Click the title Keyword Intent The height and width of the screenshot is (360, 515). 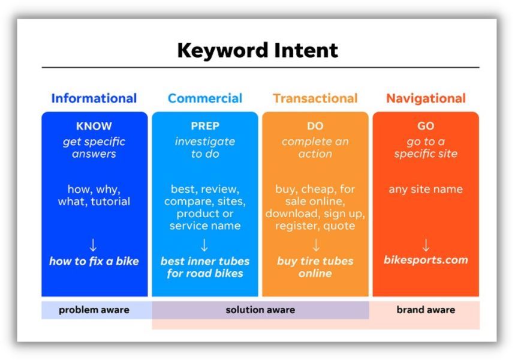257,50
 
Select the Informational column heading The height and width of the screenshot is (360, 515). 94,98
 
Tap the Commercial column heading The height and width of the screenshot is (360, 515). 205,98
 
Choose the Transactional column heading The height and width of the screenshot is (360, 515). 315,98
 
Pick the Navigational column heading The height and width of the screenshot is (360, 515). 426,98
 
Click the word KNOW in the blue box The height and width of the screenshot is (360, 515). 94,127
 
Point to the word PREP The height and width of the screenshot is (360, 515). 205,127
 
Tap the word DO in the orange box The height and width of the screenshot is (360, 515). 315,127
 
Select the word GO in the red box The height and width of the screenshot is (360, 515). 426,127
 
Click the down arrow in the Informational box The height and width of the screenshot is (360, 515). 94,245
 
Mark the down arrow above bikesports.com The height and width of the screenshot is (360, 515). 426,245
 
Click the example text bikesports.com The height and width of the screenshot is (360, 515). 426,260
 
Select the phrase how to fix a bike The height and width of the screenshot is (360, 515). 94,261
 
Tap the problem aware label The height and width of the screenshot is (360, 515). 94,310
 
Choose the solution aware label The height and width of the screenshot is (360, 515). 260,310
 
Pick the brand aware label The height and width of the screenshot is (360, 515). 426,310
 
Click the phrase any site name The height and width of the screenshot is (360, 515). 426,190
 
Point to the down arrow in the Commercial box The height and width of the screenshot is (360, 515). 204,245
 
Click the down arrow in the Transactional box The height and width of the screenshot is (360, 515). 315,245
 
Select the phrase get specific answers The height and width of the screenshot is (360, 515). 94,148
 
